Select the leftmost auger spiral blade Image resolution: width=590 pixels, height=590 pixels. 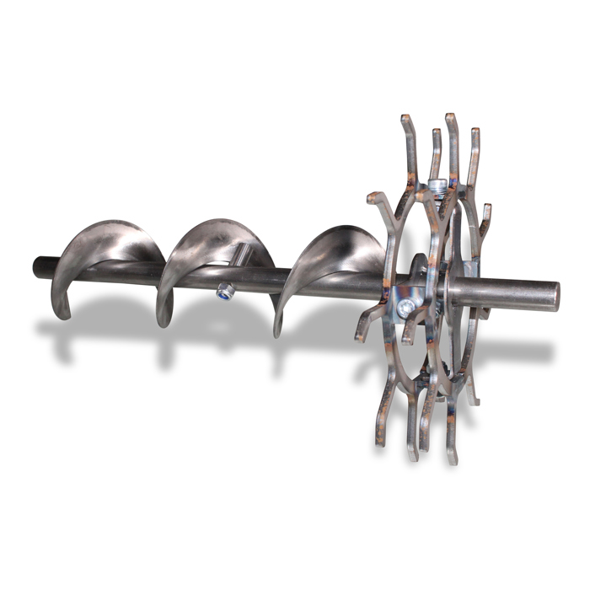(x=110, y=253)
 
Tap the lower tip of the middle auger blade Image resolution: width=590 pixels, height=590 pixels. (x=165, y=323)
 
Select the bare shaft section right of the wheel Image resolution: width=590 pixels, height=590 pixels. (x=506, y=295)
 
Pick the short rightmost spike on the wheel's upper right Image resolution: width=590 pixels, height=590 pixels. (x=487, y=211)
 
